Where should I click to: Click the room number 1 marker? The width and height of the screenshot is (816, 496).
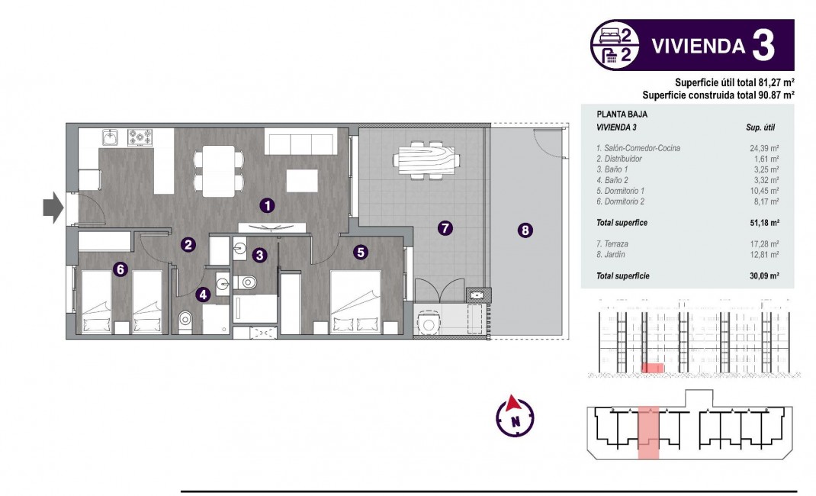point(266,205)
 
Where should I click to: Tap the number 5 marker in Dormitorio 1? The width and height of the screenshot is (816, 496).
point(361,250)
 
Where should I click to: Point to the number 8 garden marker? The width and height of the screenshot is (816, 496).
point(525,230)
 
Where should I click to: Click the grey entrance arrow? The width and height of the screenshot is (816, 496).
point(51,208)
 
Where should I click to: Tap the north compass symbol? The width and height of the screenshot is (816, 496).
point(515,414)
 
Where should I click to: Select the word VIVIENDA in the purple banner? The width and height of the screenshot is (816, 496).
point(697,46)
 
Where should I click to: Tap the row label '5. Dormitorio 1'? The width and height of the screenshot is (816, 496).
point(622,191)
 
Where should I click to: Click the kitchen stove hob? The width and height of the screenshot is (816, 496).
point(140,137)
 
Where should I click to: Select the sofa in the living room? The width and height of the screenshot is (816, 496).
point(300,141)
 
